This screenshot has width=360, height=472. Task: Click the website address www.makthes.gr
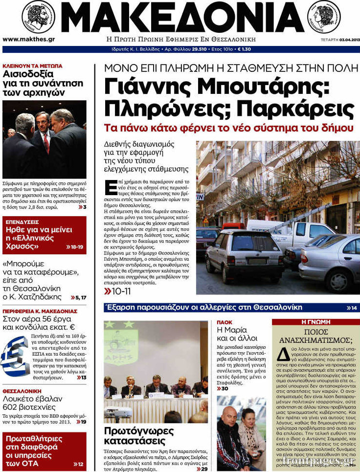[x=28, y=39]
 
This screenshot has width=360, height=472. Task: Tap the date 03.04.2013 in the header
[x=349, y=40]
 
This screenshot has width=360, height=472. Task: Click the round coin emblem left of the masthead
[x=39, y=17]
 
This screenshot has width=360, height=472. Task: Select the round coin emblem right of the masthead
[x=324, y=17]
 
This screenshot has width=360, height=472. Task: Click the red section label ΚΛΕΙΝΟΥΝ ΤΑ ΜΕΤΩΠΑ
[x=32, y=65]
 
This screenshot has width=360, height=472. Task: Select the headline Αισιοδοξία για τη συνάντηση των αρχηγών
[x=43, y=83]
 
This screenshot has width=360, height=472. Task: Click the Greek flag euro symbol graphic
[x=15, y=356]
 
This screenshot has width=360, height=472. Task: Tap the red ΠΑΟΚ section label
[x=224, y=323]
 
